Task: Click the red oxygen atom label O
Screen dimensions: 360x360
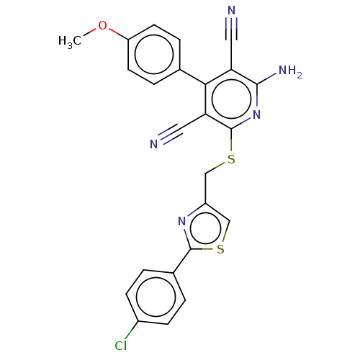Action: pyautogui.click(x=102, y=27)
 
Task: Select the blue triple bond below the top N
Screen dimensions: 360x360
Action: pyautogui.click(x=231, y=23)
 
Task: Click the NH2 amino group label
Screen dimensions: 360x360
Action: pyautogui.click(x=290, y=71)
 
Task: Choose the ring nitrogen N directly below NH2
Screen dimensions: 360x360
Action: pyautogui.click(x=257, y=114)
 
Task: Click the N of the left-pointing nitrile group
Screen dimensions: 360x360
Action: pyautogui.click(x=154, y=144)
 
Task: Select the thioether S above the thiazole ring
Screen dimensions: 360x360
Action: pyautogui.click(x=231, y=159)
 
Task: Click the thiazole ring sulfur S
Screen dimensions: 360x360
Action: pyautogui.click(x=220, y=249)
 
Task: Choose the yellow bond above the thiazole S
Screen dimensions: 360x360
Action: pyautogui.click(x=224, y=238)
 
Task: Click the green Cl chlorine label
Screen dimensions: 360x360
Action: pyautogui.click(x=120, y=346)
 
